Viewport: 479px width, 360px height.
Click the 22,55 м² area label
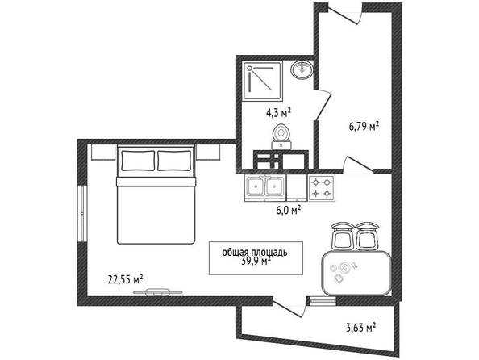126,279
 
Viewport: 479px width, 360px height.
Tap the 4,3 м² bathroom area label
278,113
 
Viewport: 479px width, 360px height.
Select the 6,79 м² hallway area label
364,126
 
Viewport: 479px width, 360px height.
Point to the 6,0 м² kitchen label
289,210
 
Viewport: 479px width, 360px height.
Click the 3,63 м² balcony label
360,328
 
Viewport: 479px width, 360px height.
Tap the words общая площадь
255,253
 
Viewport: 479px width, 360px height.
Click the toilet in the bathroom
281,137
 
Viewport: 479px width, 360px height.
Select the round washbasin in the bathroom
302,69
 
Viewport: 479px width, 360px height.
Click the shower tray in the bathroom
262,81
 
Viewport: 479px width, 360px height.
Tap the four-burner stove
322,188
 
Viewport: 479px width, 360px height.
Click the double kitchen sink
265,188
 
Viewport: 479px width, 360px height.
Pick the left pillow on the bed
138,161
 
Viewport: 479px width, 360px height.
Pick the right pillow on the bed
174,161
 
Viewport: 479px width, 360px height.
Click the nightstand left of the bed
103,152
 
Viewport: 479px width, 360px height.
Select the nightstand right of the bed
208,152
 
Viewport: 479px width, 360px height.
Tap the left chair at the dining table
342,236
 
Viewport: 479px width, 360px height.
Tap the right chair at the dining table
367,236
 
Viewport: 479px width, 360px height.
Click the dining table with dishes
356,273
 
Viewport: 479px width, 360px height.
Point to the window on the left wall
82,213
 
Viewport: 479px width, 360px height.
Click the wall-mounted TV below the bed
157,292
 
